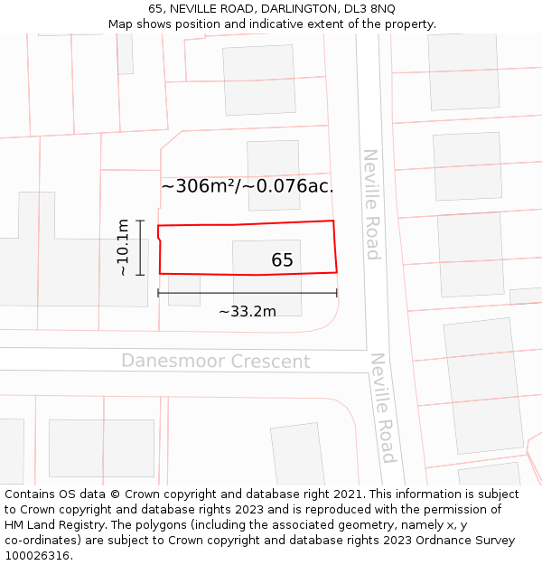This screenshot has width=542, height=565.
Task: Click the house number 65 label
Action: point(282,260)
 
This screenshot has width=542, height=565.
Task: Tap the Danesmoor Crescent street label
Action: point(216,362)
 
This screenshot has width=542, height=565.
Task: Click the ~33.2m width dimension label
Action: point(248,311)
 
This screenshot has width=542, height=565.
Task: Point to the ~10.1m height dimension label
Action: point(123,248)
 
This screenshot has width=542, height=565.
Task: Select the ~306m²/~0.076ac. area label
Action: point(248,186)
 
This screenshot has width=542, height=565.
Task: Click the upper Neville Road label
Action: point(371,204)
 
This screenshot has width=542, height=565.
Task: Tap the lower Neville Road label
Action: point(383,408)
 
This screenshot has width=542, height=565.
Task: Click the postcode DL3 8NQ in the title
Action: point(370,8)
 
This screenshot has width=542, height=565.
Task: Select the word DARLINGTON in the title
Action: point(300,8)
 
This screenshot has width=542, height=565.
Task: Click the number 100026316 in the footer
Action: point(37,556)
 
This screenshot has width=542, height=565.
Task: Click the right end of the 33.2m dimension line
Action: point(337,293)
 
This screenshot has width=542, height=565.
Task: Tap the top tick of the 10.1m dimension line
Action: point(140,221)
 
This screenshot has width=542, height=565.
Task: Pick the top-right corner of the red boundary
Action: point(333,221)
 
